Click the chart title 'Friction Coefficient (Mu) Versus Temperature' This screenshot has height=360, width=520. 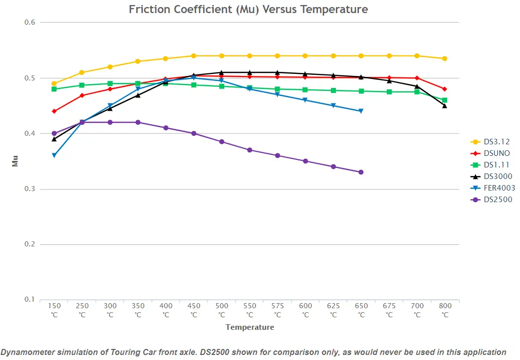click(248, 9)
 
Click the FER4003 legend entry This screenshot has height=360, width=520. click(493, 188)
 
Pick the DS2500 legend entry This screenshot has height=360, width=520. click(491, 200)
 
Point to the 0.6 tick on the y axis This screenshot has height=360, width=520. click(30, 22)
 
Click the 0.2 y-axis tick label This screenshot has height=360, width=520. click(30, 244)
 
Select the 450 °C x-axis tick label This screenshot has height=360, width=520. click(194, 310)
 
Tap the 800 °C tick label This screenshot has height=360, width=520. click(445, 310)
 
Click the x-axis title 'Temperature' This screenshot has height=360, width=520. click(250, 327)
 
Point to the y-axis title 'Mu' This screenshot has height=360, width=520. click(15, 161)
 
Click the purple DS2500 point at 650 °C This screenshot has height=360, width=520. click(361, 172)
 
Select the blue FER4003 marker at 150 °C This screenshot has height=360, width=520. click(54, 155)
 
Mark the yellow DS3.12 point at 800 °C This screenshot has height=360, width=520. click(445, 59)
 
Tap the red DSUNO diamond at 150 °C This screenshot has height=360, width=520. click(54, 111)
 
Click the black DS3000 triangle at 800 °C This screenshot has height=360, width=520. click(445, 106)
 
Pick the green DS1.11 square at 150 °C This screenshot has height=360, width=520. click(54, 89)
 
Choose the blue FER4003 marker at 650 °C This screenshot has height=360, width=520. click(361, 111)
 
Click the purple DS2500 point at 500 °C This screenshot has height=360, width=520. click(222, 142)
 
